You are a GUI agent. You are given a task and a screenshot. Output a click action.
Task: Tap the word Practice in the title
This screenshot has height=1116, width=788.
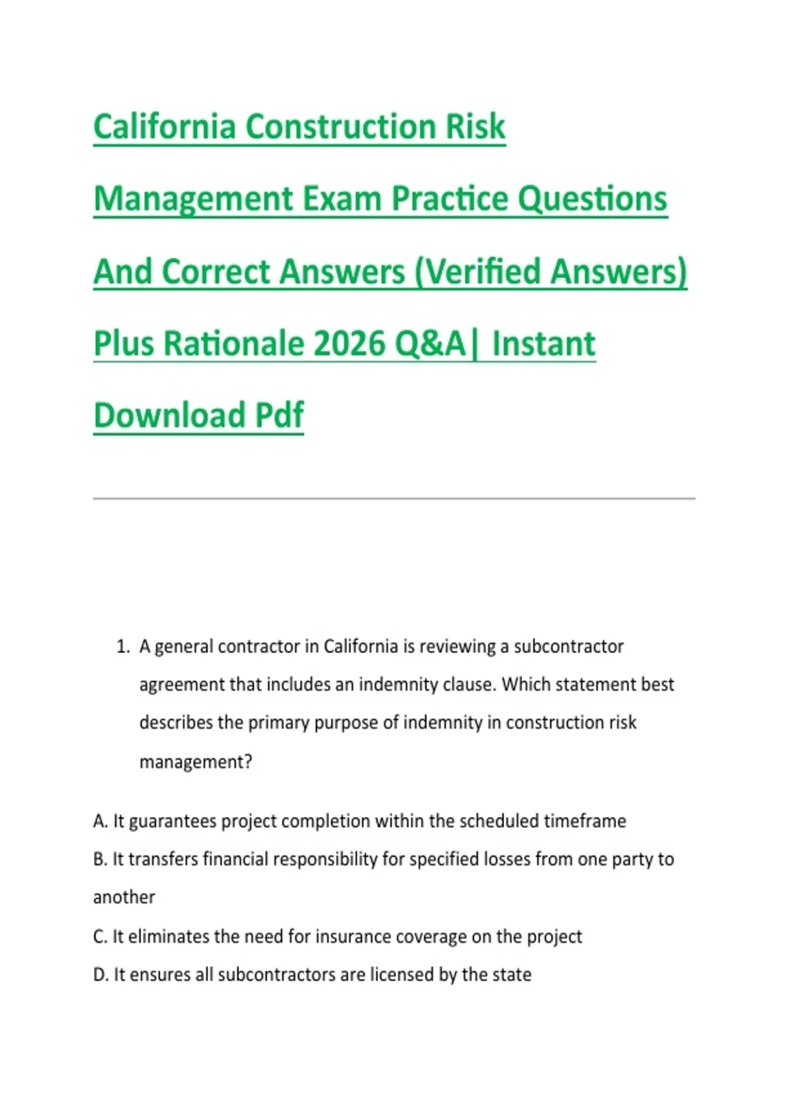point(450,198)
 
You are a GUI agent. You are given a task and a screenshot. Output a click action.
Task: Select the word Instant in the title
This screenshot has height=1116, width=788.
point(544,344)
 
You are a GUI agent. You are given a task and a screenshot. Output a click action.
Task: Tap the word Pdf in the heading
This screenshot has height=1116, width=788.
point(279,415)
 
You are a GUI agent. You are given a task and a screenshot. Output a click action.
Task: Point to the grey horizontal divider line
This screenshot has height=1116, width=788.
point(394,498)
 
